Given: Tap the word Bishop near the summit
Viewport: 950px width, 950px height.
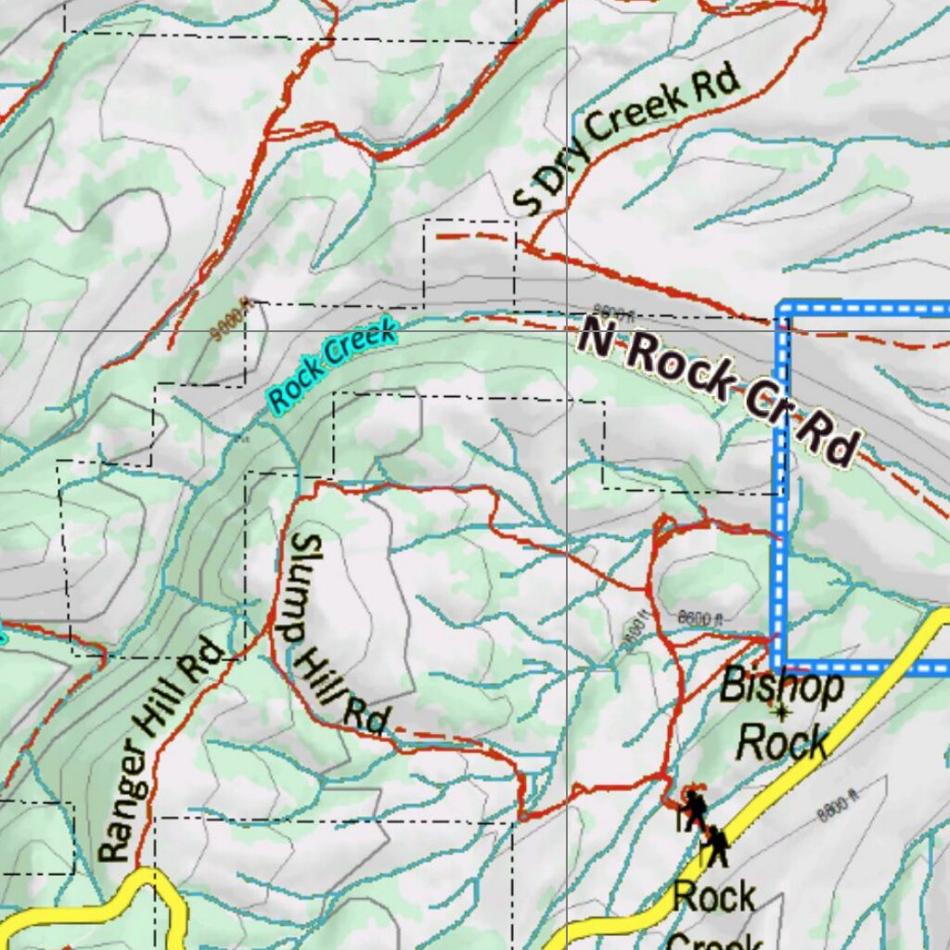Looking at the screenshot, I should point(782,687).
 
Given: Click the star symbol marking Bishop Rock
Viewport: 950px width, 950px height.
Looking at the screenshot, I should point(781,712).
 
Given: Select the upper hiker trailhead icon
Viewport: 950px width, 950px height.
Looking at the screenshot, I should point(693,809).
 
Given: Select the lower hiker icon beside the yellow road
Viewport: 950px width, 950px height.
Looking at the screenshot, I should point(716,846).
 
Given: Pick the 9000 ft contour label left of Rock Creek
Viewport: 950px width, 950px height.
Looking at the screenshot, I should point(231,320).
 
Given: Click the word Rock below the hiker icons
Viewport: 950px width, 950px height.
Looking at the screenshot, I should point(714,898).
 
